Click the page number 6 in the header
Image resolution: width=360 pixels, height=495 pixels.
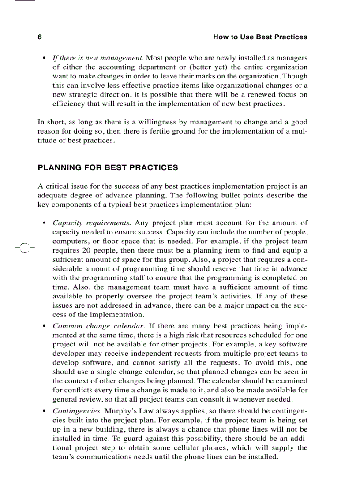(40, 37)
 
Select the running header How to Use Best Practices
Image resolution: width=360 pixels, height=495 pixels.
(260, 37)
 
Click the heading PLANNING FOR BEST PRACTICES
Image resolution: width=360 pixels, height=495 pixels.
(108, 167)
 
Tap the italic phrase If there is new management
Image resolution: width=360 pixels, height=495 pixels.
(98, 58)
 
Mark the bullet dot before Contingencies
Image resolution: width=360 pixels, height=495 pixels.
(44, 411)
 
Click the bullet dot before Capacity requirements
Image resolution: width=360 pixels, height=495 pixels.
(44, 223)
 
